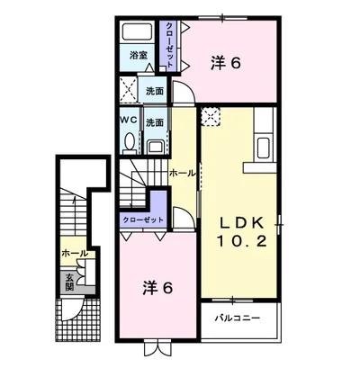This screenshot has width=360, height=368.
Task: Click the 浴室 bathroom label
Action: coord(138,56)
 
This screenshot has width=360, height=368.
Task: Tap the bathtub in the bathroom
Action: coord(138,31)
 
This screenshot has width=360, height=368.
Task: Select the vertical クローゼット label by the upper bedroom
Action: coord(169,45)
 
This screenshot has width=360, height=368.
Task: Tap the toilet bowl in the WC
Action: coord(129,142)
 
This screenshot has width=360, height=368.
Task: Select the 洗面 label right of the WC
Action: coord(155,122)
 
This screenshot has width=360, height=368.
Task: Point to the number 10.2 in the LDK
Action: coord(240,242)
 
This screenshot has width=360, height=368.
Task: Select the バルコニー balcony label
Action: coord(238,318)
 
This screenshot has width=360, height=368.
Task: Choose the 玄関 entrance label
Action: coord(68,283)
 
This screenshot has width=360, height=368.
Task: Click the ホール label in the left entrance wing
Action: coord(75,255)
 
